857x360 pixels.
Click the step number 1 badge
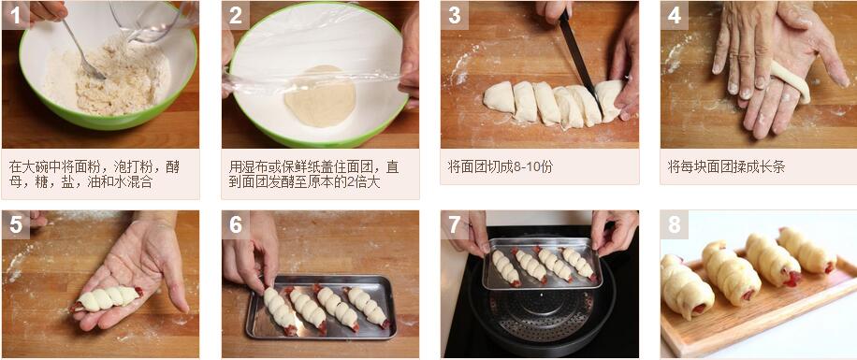(15, 15)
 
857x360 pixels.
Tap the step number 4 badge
(675, 15)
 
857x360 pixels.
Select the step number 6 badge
(236, 224)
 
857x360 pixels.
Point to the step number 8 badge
(675, 224)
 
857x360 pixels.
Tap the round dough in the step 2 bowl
(320, 95)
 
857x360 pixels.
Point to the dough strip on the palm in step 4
(791, 80)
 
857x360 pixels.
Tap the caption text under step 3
(500, 166)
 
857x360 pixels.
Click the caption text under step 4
(726, 166)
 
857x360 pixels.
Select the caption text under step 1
(94, 174)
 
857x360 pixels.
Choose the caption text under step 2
(313, 174)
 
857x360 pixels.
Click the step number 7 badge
(455, 224)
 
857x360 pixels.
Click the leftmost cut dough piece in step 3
(498, 97)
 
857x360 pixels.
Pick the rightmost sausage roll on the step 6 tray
(367, 307)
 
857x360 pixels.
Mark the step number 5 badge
(15, 224)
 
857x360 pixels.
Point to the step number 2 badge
(236, 15)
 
